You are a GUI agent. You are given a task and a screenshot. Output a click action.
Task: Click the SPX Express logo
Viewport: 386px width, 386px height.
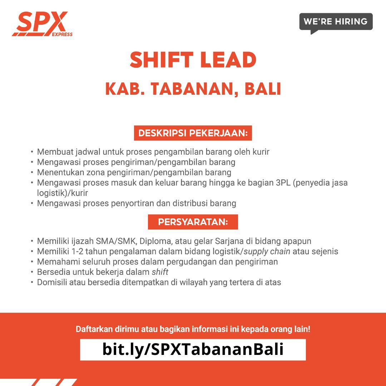pyautogui.click(x=42, y=24)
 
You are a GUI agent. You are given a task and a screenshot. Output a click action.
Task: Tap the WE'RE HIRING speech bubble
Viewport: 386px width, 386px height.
pyautogui.click(x=336, y=22)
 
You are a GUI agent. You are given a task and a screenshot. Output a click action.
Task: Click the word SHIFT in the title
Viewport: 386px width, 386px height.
pyautogui.click(x=162, y=60)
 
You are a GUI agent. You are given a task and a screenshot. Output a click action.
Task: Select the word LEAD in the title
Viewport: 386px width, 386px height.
pyautogui.click(x=228, y=60)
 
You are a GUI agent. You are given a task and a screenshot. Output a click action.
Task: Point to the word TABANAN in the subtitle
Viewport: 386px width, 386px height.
pyautogui.click(x=192, y=89)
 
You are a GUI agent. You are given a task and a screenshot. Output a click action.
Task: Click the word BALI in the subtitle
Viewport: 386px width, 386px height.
pyautogui.click(x=263, y=89)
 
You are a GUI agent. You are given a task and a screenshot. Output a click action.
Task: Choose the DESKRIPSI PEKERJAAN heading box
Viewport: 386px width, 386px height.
pyautogui.click(x=193, y=133)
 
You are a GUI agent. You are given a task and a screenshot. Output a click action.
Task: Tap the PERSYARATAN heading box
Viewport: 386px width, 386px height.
pyautogui.click(x=193, y=222)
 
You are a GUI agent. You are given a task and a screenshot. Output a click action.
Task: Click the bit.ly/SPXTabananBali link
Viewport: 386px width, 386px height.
pyautogui.click(x=193, y=350)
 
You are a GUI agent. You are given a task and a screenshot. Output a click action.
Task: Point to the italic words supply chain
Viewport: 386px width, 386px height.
pyautogui.click(x=267, y=251)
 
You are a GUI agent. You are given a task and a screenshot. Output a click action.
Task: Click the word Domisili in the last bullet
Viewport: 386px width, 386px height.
pyautogui.click(x=52, y=282)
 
